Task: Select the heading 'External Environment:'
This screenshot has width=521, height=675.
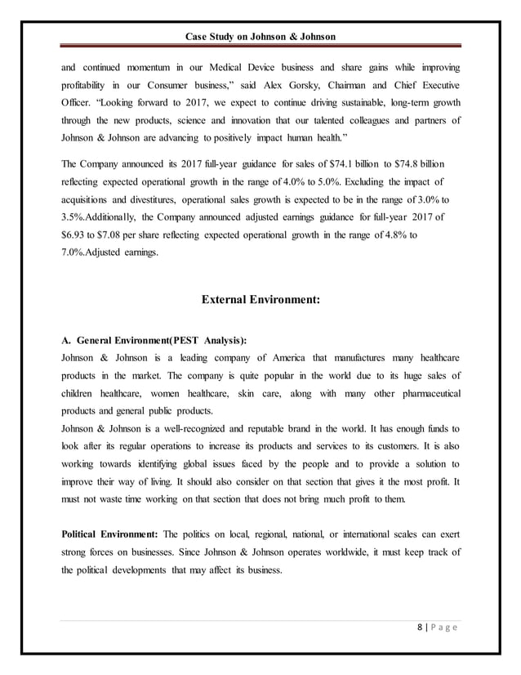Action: click(x=260, y=299)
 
